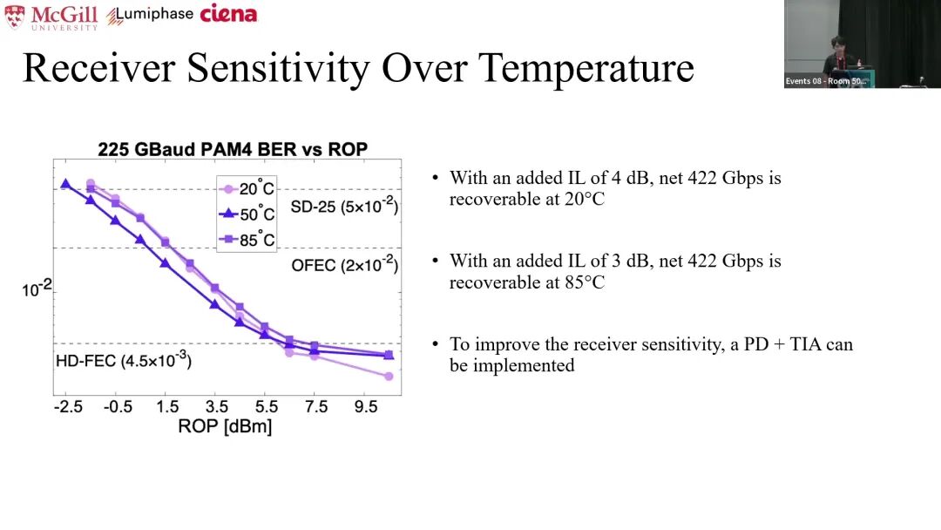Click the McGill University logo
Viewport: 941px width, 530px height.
point(51,17)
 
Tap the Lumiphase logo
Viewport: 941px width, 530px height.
point(150,15)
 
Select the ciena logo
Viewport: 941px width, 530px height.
point(228,14)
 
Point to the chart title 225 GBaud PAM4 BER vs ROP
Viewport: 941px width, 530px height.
point(233,149)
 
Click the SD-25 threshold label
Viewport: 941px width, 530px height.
point(343,207)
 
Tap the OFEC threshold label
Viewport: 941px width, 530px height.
point(344,265)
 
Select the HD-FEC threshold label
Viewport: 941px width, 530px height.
point(123,359)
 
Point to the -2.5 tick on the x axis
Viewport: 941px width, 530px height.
point(67,407)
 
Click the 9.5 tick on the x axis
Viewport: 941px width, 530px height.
point(365,407)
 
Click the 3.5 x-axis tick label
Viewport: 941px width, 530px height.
point(217,407)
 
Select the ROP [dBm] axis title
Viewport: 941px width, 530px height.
point(225,426)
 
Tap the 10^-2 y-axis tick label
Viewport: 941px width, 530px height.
point(37,289)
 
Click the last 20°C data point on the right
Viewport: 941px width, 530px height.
point(389,377)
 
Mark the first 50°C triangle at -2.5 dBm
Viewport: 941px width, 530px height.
point(65,184)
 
